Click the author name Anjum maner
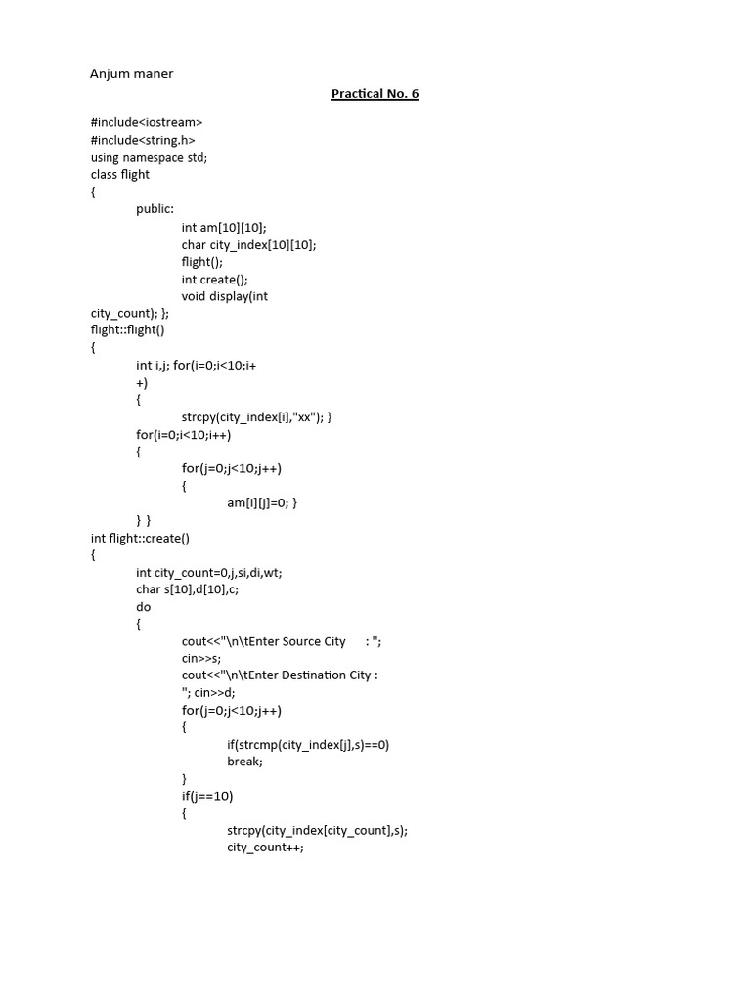coord(132,73)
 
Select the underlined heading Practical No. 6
coord(375,94)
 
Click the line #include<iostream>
coord(147,122)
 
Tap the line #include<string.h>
coord(143,140)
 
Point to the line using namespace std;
coord(149,157)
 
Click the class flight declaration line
coord(120,175)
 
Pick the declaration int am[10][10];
coord(223,227)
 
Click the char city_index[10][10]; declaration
coord(248,244)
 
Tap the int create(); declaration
coord(214,279)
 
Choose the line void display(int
coord(224,296)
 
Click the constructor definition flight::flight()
coord(128,330)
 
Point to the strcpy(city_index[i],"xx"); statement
coord(256,416)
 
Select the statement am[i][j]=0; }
coord(262,502)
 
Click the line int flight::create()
coord(140,538)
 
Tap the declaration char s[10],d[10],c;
coord(192,589)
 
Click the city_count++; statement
coord(265,848)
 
